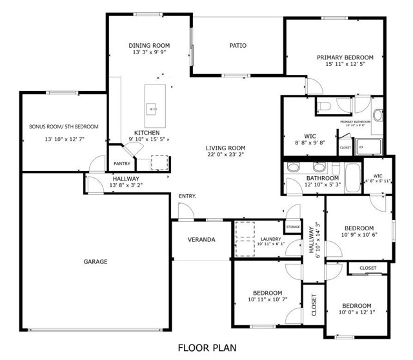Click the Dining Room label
tap(149, 45)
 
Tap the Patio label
tap(238, 45)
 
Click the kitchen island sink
tap(153, 108)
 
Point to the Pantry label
tap(122, 164)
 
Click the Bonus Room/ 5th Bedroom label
tap(64, 126)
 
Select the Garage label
tap(95, 261)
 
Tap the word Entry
tap(187, 196)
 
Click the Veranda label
tap(201, 239)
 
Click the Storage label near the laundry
tap(294, 227)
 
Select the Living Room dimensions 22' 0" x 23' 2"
tap(226, 155)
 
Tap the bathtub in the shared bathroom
tap(352, 174)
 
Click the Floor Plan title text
tap(206, 348)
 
